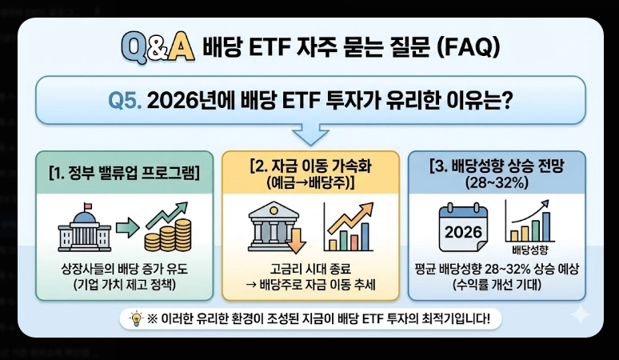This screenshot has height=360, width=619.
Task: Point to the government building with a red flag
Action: coord(84,226)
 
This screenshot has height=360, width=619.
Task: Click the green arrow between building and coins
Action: coord(125,228)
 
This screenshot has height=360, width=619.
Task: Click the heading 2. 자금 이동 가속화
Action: coord(310,168)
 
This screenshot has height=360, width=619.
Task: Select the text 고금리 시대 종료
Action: coord(310,267)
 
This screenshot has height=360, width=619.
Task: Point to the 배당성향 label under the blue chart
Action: coord(527,249)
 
